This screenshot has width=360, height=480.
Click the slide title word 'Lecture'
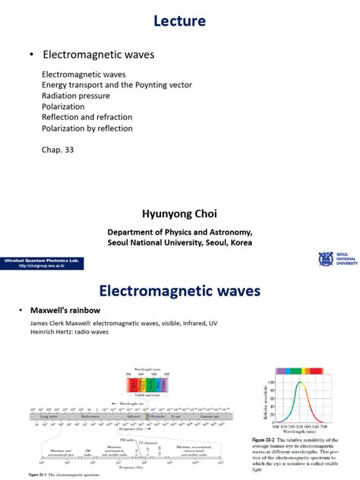(x=180, y=21)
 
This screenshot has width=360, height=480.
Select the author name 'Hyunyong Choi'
(x=179, y=215)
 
